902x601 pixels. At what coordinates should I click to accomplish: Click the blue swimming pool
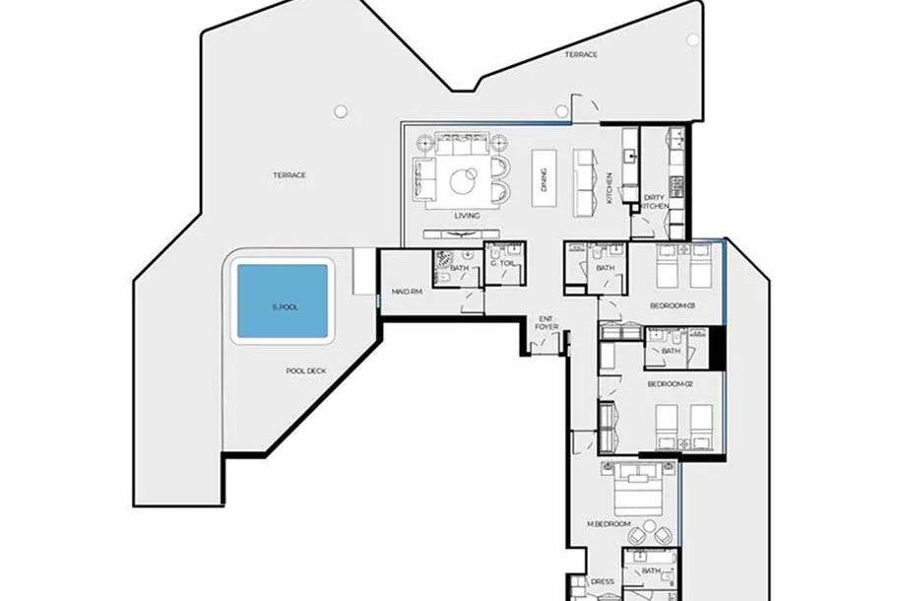(x=283, y=301)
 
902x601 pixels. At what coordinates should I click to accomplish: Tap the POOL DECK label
(x=306, y=371)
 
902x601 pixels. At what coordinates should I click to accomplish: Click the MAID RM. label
(x=408, y=292)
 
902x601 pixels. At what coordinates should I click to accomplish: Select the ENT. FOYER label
(x=547, y=322)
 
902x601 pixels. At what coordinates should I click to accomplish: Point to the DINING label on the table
(x=545, y=179)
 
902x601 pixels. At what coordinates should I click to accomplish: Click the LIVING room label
(x=467, y=216)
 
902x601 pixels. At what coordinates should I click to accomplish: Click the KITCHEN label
(x=610, y=188)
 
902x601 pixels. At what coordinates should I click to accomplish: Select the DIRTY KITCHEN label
(x=655, y=202)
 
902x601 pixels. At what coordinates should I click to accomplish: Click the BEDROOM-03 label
(x=672, y=305)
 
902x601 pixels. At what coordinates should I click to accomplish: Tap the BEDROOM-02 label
(x=671, y=384)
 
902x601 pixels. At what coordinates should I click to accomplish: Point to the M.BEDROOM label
(x=609, y=524)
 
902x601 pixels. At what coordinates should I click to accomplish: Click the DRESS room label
(x=603, y=581)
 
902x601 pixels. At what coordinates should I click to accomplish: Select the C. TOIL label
(x=503, y=263)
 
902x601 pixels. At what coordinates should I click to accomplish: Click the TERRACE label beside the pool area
(x=290, y=175)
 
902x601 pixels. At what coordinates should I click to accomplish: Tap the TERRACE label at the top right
(x=581, y=55)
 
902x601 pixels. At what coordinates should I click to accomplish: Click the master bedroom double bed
(x=638, y=490)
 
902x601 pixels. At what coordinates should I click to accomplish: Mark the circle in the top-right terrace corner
(x=692, y=39)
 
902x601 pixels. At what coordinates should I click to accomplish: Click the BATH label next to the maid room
(x=460, y=268)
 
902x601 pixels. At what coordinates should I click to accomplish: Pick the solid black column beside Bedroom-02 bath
(x=717, y=348)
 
